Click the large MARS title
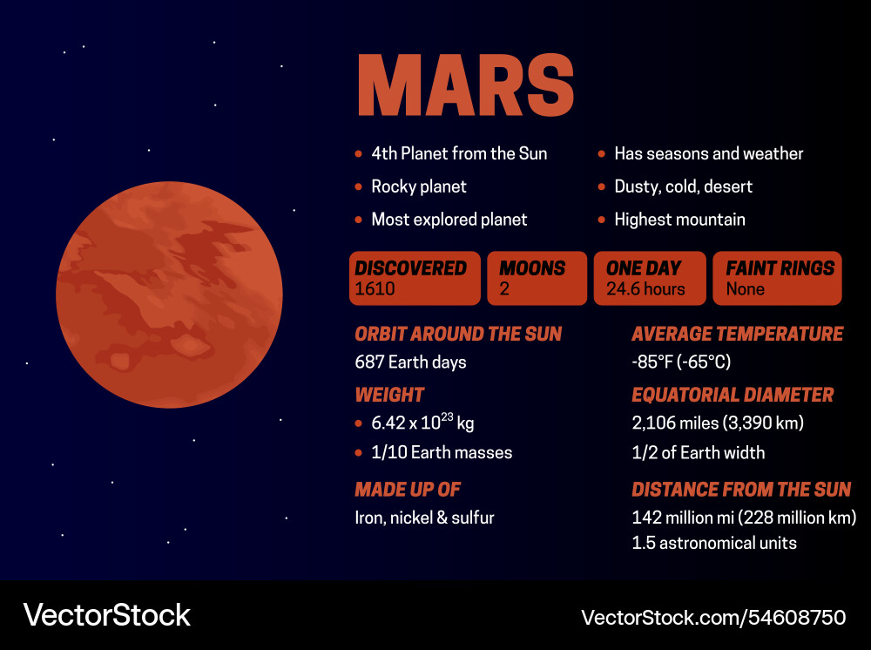click(x=465, y=85)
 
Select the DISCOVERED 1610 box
click(x=415, y=279)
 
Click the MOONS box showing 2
click(x=537, y=279)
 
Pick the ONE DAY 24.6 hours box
click(x=649, y=279)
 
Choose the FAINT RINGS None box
click(x=777, y=279)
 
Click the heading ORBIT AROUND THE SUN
click(x=458, y=334)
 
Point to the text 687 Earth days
click(x=410, y=362)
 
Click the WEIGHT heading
click(x=389, y=395)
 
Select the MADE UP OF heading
click(x=408, y=489)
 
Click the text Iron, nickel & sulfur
click(x=424, y=518)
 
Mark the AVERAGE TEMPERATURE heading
click(x=737, y=334)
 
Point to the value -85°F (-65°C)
click(x=681, y=362)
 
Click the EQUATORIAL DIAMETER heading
click(x=733, y=395)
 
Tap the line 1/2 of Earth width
click(x=698, y=452)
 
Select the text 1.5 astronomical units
click(x=714, y=543)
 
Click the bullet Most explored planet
click(x=449, y=220)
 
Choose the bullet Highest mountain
click(x=679, y=220)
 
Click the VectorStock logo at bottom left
click(x=106, y=615)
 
